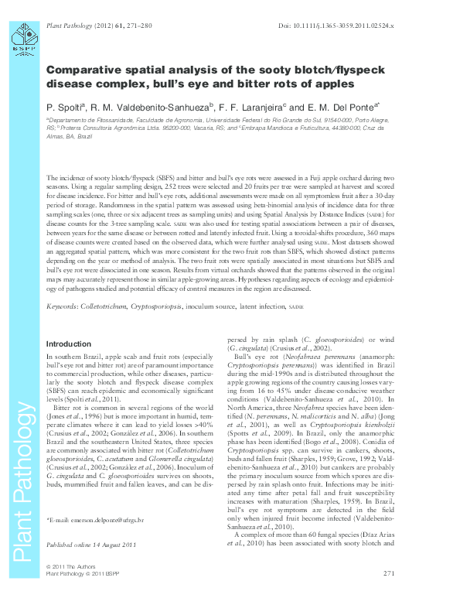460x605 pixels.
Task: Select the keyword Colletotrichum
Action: tap(109, 307)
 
